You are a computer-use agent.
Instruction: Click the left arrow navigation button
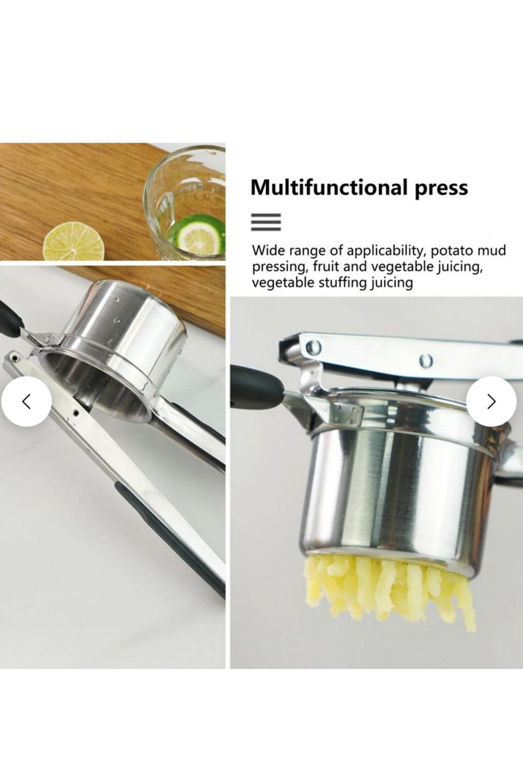coord(26,401)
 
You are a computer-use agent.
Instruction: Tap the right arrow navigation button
coord(492,401)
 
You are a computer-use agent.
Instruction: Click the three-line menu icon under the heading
coord(266,222)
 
